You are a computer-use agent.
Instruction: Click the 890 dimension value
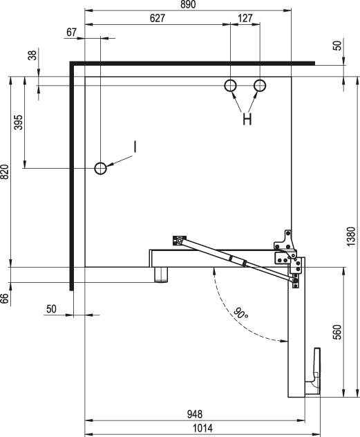tap(188, 4)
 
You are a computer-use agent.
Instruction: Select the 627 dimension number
tap(158, 18)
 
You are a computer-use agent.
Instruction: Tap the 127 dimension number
tap(245, 18)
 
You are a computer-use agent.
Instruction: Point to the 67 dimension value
tap(71, 32)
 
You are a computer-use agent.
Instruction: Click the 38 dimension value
tap(32, 55)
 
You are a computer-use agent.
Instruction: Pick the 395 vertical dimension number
tap(19, 122)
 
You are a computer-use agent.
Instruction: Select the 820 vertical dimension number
tap(5, 171)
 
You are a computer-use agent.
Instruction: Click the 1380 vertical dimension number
tap(352, 236)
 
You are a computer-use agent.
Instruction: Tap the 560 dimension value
tap(337, 332)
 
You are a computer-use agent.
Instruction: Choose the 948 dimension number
tap(195, 414)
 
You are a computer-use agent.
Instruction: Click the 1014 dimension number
tap(202, 428)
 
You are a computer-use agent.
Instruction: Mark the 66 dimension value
tap(5, 298)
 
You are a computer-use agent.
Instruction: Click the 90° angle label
tap(240, 313)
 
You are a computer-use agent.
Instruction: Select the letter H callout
tap(247, 120)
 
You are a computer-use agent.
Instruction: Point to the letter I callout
tap(135, 147)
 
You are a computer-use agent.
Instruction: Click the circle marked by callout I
tap(100, 168)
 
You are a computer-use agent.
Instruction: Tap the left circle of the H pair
tap(230, 85)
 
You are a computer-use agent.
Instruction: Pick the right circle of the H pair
tap(260, 85)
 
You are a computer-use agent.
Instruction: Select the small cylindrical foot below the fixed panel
tap(161, 275)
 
